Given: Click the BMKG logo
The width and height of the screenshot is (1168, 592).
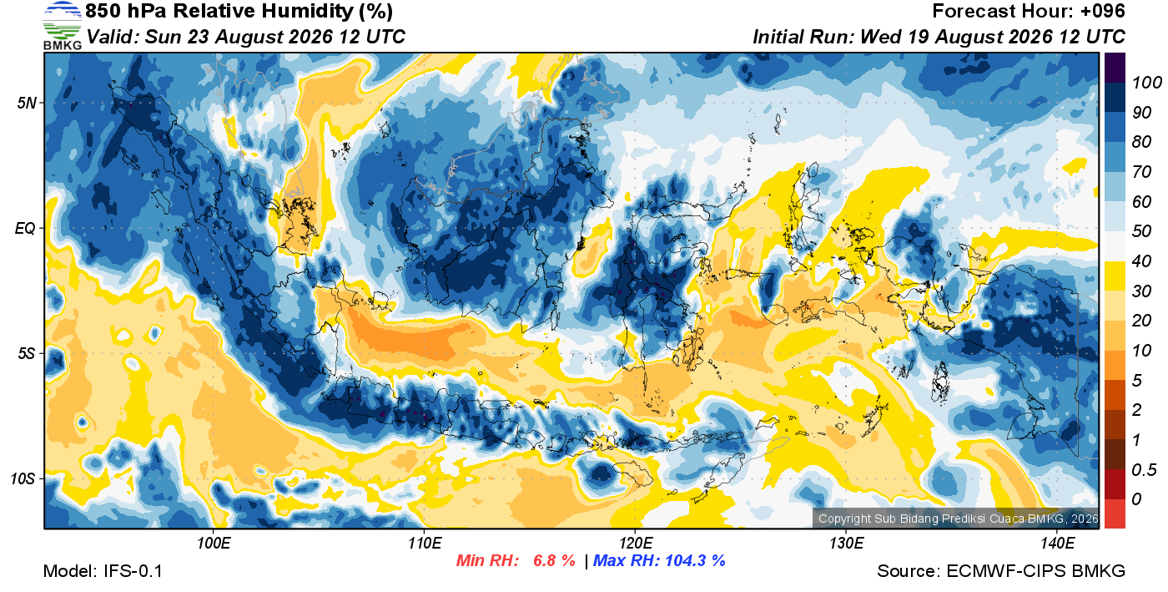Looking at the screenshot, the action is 63,26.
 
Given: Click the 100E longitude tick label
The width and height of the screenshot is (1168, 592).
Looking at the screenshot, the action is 214,543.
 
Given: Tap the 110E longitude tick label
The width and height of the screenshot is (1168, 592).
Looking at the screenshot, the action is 425,543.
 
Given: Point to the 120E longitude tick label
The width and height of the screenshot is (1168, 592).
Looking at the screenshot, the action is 636,543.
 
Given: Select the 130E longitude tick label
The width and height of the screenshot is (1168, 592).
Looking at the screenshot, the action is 846,543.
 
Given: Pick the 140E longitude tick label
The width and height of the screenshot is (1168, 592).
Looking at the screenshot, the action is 1058,543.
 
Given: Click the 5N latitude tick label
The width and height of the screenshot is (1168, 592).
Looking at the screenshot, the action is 27,104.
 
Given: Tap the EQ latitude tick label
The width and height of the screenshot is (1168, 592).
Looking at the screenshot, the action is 26,229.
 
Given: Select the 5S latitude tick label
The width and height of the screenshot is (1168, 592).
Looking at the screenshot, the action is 27,354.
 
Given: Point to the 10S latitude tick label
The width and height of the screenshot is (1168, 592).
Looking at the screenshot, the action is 23,478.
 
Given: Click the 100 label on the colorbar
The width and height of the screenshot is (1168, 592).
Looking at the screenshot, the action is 1146,83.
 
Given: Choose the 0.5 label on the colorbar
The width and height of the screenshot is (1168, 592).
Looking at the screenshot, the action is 1144,470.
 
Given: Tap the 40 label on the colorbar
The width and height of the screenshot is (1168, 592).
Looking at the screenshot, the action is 1141,261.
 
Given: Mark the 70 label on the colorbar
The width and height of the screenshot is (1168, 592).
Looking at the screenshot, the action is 1141,172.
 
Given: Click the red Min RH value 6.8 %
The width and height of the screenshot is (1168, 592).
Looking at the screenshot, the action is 554,560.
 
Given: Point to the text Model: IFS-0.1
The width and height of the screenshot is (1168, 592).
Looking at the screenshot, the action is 103,571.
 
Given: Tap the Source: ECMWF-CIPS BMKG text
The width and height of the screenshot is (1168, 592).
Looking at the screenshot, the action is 1000,571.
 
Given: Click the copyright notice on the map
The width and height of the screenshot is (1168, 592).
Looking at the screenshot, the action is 958,519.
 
